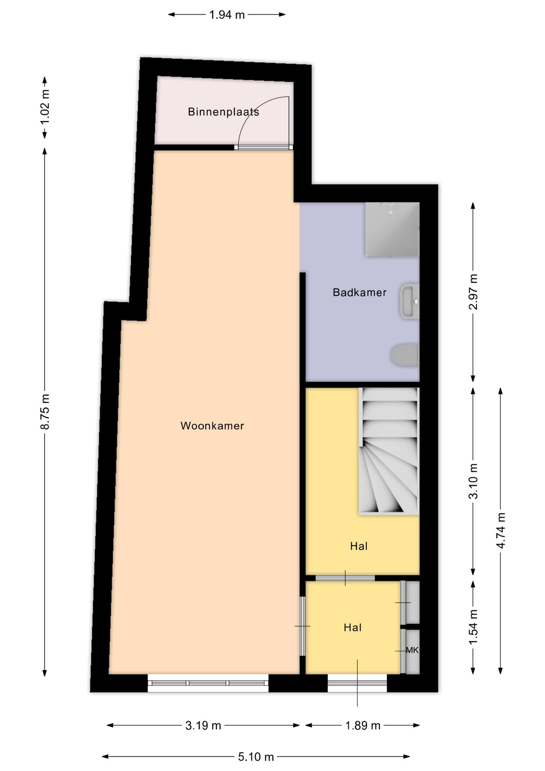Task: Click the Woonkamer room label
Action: tap(212, 426)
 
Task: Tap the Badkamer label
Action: tap(360, 292)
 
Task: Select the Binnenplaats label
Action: tap(224, 112)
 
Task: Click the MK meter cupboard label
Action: tap(412, 650)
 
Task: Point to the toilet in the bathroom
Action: tap(405, 355)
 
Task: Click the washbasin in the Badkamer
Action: tap(410, 301)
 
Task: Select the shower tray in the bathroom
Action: tap(392, 229)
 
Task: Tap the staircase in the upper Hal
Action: tap(389, 451)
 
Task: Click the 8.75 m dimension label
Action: tap(45, 412)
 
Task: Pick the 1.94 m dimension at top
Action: tap(227, 15)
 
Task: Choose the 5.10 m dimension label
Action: tap(256, 757)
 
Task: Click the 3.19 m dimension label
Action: tap(203, 726)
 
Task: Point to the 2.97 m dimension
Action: tap(474, 292)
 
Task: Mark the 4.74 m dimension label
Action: tap(501, 531)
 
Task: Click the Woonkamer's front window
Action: tap(208, 683)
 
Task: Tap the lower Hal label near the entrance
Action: tap(353, 628)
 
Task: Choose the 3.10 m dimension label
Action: tap(474, 481)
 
